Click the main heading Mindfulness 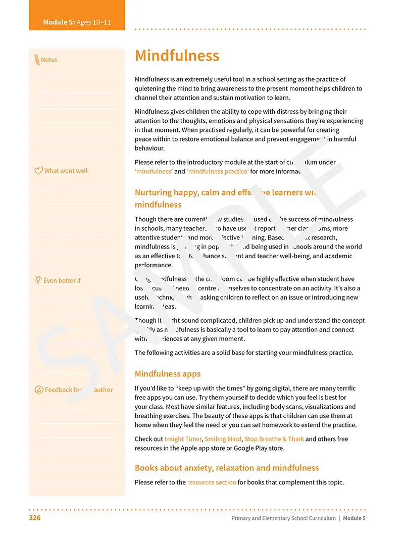pyautogui.click(x=177, y=56)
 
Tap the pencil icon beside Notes pyautogui.click(x=37, y=60)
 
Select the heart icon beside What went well pyautogui.click(x=38, y=171)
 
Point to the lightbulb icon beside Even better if pyautogui.click(x=38, y=280)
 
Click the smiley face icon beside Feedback pyautogui.click(x=39, y=389)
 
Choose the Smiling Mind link pyautogui.click(x=223, y=439)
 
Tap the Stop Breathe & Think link pyautogui.click(x=274, y=439)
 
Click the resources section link pyautogui.click(x=212, y=482)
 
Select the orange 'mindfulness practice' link pyautogui.click(x=218, y=171)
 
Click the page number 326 pyautogui.click(x=34, y=518)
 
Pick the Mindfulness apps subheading pyautogui.click(x=168, y=374)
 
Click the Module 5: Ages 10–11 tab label pyautogui.click(x=77, y=22)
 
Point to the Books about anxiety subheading pyautogui.click(x=227, y=468)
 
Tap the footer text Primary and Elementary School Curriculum pyautogui.click(x=283, y=518)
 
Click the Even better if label pyautogui.click(x=62, y=280)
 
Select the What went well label pyautogui.click(x=66, y=171)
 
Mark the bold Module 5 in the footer pyautogui.click(x=354, y=518)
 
